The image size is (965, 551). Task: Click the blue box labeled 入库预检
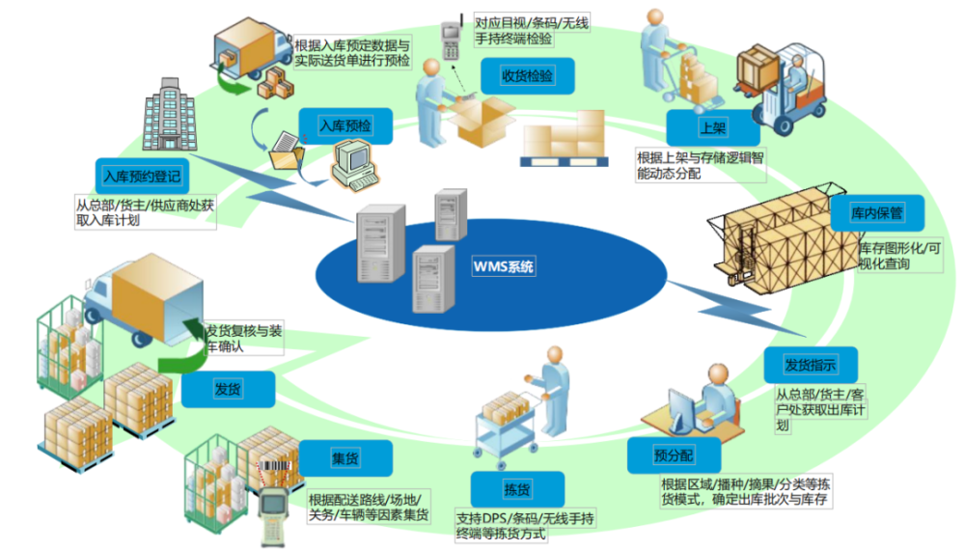point(345,126)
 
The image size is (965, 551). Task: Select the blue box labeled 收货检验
point(528,75)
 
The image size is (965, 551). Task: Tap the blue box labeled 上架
point(713,128)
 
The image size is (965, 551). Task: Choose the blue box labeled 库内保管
point(877,213)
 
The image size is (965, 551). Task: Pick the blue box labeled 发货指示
point(811,365)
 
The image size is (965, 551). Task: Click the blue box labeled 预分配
point(674,455)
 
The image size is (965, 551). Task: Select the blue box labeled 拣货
point(517,489)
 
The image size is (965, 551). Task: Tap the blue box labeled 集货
point(345,458)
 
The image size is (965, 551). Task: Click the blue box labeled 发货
point(228,389)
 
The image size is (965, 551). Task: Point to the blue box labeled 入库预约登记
point(142,177)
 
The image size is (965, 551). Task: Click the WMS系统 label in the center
point(504,266)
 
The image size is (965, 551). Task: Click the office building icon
point(169,115)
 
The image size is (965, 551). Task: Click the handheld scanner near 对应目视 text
point(452,39)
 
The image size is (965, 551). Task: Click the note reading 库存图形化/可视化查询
point(900,256)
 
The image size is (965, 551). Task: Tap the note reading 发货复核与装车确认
point(244,339)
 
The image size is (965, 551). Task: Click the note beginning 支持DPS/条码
point(525,526)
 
